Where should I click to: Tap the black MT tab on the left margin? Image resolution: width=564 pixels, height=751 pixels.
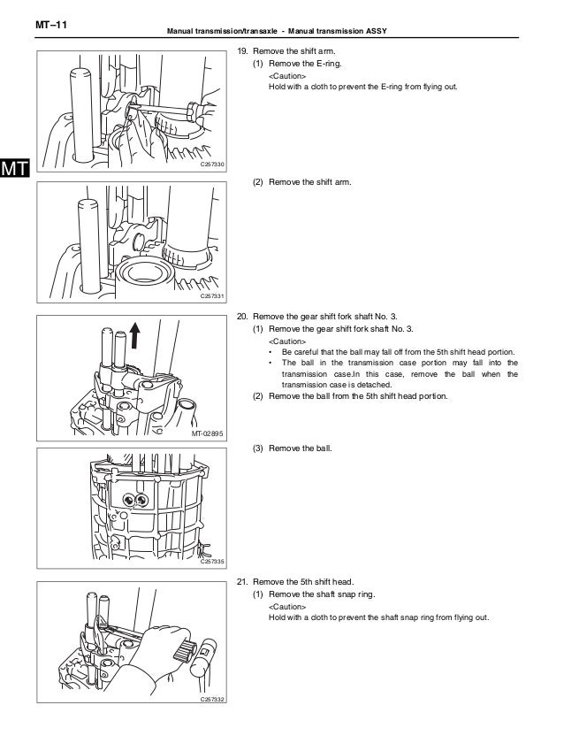(16, 167)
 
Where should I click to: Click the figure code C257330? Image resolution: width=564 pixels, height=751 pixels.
(212, 165)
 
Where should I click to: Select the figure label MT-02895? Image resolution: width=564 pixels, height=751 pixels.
(209, 434)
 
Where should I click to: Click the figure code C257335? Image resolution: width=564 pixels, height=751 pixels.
(212, 561)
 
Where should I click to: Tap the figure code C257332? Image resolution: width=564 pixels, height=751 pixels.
(212, 700)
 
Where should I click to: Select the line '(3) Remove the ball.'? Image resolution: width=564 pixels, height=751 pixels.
(292, 448)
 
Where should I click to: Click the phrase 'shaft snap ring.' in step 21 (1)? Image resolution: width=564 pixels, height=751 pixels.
(345, 594)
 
